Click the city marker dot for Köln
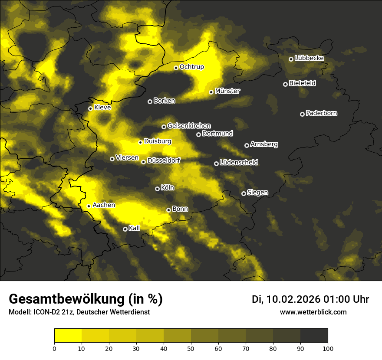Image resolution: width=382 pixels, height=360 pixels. pos(157,189)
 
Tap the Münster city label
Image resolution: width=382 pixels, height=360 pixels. pos(227,91)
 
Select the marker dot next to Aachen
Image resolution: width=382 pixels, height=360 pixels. pos(89,206)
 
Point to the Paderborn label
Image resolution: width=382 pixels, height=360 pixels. pos(321,113)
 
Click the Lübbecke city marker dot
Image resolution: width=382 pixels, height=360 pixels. pos(291,59)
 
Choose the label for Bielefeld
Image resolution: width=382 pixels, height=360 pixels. pos(302,83)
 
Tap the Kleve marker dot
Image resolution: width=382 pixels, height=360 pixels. pos(90,108)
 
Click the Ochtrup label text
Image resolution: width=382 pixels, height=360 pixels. pos(191,67)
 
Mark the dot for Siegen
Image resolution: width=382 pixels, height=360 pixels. pos(244,193)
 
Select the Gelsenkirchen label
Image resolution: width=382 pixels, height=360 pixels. pos(189,126)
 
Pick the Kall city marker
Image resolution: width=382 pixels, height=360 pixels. pos(125,229)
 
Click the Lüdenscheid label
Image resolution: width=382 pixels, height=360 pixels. pos(239,163)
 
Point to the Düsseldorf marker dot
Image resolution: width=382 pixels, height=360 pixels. pos(143,162)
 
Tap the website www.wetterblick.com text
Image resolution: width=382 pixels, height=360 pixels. pos(313,312)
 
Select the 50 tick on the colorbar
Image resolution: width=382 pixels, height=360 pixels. pos(191,348)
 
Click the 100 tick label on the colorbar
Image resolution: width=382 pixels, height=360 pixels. pos(328,348)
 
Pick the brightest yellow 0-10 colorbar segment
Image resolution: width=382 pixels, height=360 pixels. pos(68,336)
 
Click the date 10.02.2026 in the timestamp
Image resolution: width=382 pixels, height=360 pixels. pos(293,299)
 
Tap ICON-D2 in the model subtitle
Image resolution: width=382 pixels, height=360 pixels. pos(45,312)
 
